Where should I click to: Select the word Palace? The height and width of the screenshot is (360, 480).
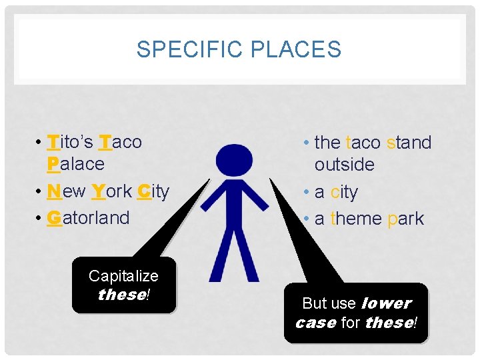[x=76, y=164]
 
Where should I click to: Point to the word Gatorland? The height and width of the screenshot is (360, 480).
[x=89, y=217]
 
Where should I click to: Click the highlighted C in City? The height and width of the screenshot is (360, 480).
[x=142, y=191]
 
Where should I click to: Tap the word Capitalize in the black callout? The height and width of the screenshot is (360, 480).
[x=123, y=276]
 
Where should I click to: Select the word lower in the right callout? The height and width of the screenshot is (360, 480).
[x=386, y=303]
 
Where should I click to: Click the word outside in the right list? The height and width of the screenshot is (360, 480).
[x=345, y=165]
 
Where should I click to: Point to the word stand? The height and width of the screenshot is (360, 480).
[x=409, y=143]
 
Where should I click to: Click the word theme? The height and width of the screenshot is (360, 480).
[x=357, y=219]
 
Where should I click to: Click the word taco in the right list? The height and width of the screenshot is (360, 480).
[x=363, y=143]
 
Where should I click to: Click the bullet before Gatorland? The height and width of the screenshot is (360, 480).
[x=40, y=218]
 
